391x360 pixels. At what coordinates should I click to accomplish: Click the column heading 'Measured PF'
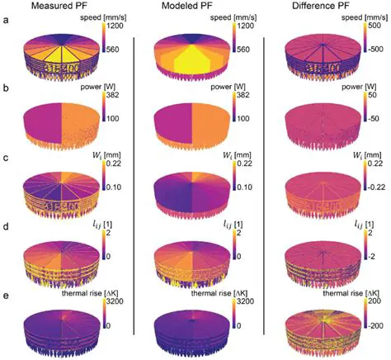coord(67,7)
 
